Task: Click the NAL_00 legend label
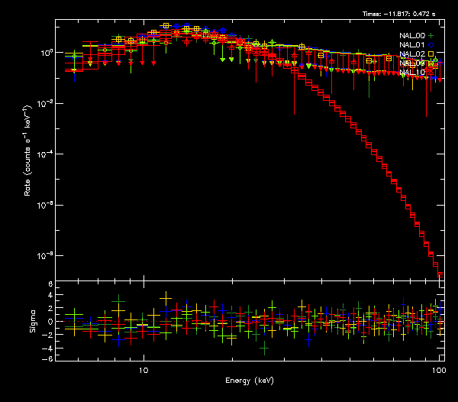pos(411,35)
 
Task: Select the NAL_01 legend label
pos(411,44)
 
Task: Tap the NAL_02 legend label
pos(411,53)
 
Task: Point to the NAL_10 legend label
pos(411,72)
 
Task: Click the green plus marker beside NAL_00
pos(431,35)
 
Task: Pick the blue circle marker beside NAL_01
pos(431,44)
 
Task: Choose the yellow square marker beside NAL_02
pos(431,53)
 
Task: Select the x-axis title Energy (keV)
pos(250,380)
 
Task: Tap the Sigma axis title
pos(33,321)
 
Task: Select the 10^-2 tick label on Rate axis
pos(44,103)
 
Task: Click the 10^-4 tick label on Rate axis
pos(44,154)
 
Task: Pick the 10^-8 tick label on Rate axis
pos(44,255)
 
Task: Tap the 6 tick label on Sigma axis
pos(49,284)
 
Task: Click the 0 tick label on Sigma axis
pos(49,322)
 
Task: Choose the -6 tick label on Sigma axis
pos(47,359)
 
